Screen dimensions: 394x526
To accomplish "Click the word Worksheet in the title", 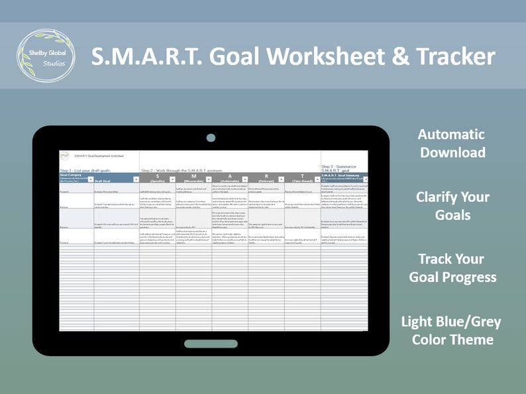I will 321,57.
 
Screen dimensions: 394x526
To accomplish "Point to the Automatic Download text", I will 451,143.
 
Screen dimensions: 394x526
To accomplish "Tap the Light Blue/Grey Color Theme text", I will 451,330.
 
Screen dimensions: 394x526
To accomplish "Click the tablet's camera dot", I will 211,138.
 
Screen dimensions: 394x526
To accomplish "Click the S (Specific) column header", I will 157,177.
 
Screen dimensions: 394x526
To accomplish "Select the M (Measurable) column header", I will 193,177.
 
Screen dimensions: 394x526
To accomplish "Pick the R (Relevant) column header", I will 266,177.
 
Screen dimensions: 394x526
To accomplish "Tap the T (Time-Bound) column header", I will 302,177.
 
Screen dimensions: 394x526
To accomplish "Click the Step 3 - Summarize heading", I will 343,168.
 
